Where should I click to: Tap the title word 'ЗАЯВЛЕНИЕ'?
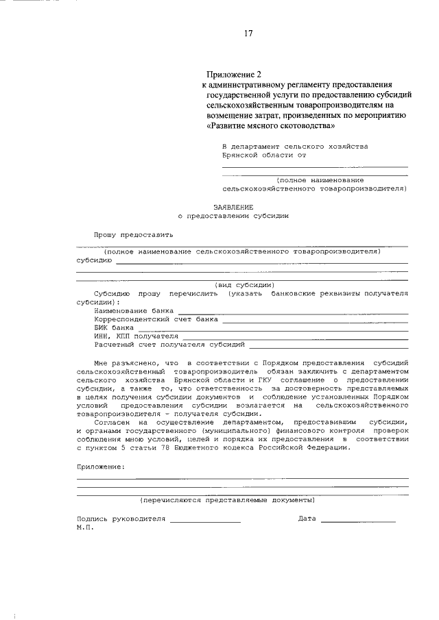click(233, 206)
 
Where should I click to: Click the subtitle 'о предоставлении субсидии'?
click(233, 215)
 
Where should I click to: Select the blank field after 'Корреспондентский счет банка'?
click(315, 319)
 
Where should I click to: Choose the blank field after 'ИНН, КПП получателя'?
click(295, 336)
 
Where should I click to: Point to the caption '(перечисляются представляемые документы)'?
click(228, 501)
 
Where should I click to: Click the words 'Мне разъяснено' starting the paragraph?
click(124, 362)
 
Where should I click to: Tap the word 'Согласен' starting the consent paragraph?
click(110, 423)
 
